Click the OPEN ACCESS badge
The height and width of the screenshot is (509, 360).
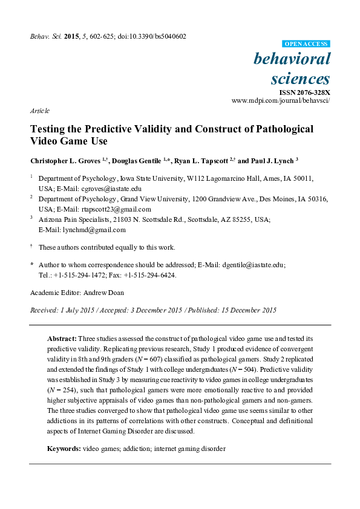pyautogui.click(x=306, y=44)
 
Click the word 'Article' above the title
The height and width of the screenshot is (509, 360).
pyautogui.click(x=39, y=111)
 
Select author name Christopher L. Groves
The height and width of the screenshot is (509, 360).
pyautogui.click(x=66, y=161)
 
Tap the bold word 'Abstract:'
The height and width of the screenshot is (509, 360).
pyautogui.click(x=62, y=340)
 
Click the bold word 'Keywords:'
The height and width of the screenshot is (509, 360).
pyautogui.click(x=64, y=449)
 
